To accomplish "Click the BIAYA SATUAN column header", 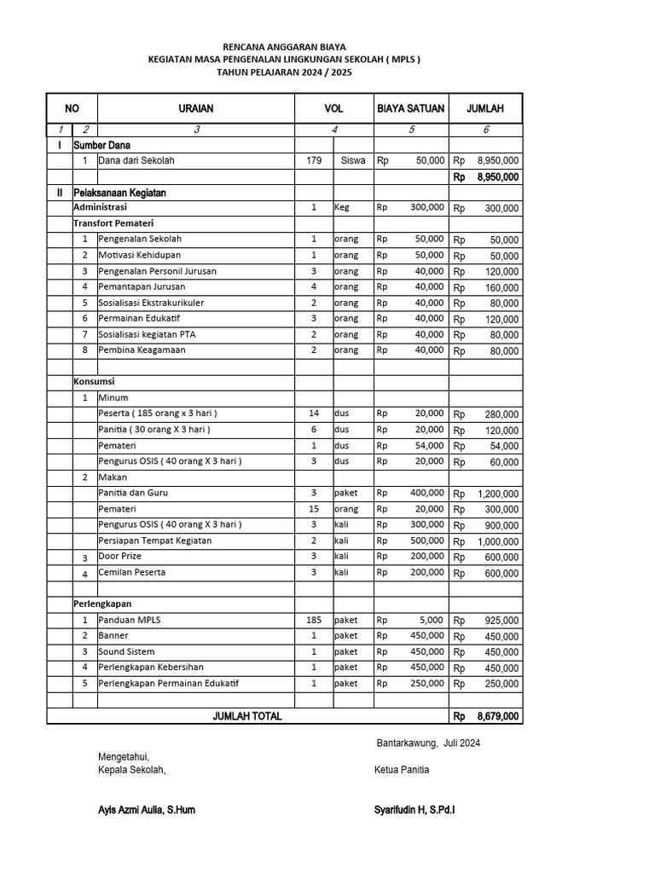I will pos(411,108).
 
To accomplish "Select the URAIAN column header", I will pos(196,108).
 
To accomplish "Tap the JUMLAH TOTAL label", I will pos(246,716).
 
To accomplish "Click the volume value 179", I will pos(314,160).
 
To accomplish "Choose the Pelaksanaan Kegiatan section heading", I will pos(119,193).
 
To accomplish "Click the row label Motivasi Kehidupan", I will pos(140,255).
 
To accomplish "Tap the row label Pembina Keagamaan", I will pos(142,350).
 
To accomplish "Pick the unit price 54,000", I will pos(430,445).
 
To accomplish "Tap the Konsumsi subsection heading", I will pos(94,381).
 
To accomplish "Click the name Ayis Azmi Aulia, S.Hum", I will pos(147,810).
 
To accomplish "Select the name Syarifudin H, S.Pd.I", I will pos(414,810).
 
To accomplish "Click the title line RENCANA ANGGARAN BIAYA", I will pos(284,46).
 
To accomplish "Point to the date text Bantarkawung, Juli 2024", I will pos(428,743).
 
